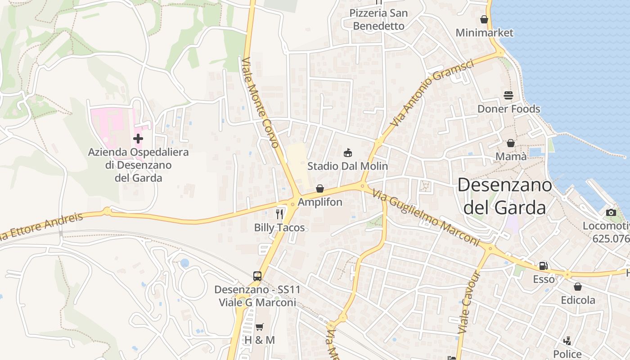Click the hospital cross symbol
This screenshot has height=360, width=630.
(x=138, y=139)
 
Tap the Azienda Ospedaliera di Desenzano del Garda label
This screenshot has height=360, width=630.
(x=138, y=165)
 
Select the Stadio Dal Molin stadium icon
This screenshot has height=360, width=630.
(x=347, y=153)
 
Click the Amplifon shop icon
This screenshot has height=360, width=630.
(x=320, y=189)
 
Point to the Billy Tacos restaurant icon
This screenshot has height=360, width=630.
(x=279, y=214)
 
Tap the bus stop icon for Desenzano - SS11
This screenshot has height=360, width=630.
(x=257, y=276)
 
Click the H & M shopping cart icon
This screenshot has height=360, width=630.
(x=259, y=327)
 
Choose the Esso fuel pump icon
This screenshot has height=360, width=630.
(x=544, y=266)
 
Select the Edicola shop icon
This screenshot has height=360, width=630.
(x=578, y=287)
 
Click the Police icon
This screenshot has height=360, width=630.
(x=567, y=341)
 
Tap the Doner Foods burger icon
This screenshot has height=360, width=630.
(x=508, y=95)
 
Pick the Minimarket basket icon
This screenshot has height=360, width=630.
(x=484, y=19)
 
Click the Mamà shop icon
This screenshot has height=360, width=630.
(x=511, y=143)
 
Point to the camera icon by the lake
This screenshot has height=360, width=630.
(x=611, y=212)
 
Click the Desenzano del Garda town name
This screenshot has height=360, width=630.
(x=504, y=196)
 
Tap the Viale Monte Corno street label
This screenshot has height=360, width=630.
(x=261, y=103)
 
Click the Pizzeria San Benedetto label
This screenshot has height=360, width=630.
(x=379, y=19)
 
